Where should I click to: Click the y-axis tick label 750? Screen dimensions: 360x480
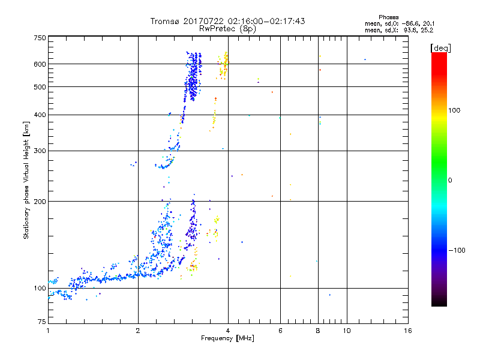pyautogui.click(x=40, y=37)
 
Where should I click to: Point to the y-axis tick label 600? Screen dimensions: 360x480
pyautogui.click(x=40, y=64)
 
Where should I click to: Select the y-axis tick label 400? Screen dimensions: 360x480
pyautogui.click(x=40, y=115)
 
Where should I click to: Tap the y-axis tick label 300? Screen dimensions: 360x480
pyautogui.click(x=40, y=151)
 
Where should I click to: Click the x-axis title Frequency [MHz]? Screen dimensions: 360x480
pyautogui.click(x=227, y=340)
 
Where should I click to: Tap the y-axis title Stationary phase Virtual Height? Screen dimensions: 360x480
pyautogui.click(x=26, y=179)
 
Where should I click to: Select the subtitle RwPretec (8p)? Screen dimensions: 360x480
pyautogui.click(x=227, y=28)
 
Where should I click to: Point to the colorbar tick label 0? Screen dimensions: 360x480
pyautogui.click(x=449, y=180)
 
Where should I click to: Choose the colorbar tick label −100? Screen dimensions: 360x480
pyautogui.click(x=455, y=250)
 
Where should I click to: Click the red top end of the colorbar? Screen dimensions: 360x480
pyautogui.click(x=439, y=55)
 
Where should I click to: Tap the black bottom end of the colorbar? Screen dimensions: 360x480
pyautogui.click(x=439, y=304)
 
